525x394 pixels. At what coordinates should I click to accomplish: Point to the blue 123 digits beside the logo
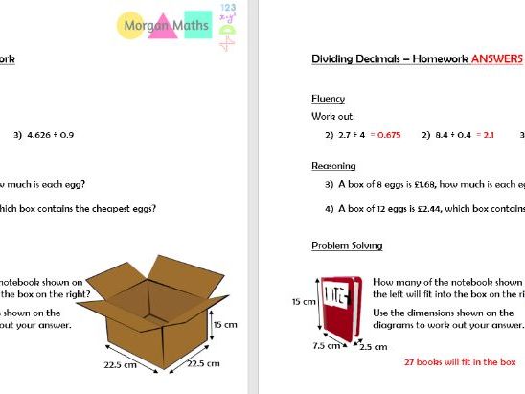pos(227,7)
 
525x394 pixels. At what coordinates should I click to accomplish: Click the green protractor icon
pos(227,41)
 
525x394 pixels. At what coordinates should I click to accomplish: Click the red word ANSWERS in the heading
pos(496,59)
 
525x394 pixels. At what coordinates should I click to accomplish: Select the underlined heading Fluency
pos(328,99)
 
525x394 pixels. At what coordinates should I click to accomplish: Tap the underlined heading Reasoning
pos(333,166)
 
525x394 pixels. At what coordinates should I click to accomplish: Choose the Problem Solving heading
pos(347,245)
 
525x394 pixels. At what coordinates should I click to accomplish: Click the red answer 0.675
pos(388,135)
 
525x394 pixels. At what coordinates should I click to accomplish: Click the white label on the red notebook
pos(337,293)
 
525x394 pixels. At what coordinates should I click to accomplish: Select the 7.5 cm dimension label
pos(326,346)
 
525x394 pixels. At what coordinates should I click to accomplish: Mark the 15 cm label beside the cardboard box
pos(224,325)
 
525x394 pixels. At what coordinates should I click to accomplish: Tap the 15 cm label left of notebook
pos(303,301)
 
